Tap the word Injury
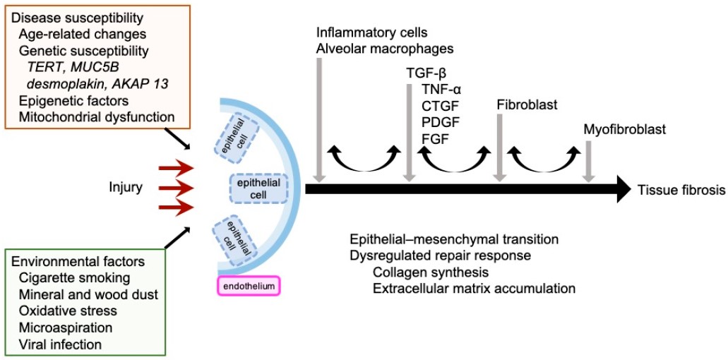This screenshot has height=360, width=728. coord(126,187)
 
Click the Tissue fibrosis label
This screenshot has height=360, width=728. coord(681,189)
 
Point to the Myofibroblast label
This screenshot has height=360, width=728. coord(624,129)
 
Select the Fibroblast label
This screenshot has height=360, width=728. coord(527,104)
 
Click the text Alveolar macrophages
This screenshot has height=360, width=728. coord(385,49)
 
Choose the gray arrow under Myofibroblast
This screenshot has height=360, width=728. coord(589,160)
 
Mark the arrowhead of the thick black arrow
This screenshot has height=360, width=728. coord(621,188)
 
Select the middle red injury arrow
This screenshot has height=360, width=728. coord(176,187)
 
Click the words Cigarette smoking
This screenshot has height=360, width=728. coord(75,277)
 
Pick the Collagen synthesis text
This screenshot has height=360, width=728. coord(431,272)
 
